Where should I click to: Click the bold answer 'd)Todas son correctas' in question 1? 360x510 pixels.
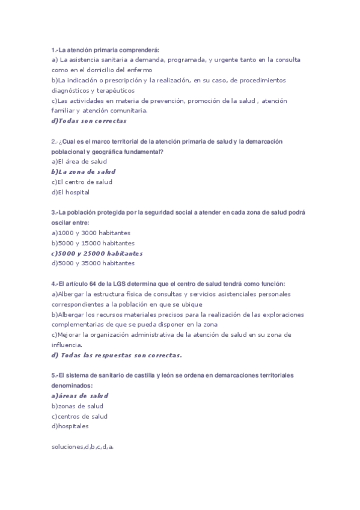pos(89,121)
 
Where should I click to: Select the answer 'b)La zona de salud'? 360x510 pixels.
pos(83,171)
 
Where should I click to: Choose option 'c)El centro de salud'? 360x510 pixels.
pos(82,182)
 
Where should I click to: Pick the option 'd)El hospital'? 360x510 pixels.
pos(70,192)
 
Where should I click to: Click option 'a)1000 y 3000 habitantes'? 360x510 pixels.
pos(91,233)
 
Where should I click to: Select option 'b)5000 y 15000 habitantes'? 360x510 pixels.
pos(93,243)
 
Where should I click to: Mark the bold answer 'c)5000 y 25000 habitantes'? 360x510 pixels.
pos(97,253)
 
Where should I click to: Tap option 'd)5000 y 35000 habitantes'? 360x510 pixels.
pos(93,263)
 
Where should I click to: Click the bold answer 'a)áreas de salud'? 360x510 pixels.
pos(79,396)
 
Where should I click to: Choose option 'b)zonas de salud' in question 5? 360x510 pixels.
pos(77,406)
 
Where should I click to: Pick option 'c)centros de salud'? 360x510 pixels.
pos(79,416)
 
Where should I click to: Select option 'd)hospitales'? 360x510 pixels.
pos(70,426)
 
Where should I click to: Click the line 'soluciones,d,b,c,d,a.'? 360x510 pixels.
pos(82,447)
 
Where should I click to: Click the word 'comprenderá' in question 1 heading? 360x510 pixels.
pos(140,50)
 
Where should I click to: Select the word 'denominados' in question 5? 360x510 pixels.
pos(72,386)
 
